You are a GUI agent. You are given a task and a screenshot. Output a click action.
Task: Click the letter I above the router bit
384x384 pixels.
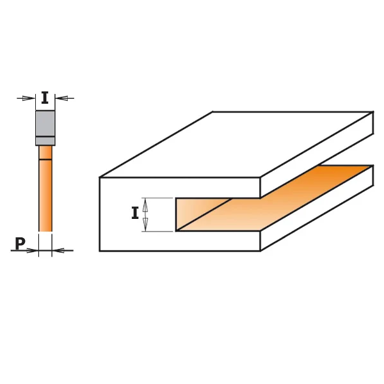pos(45,98)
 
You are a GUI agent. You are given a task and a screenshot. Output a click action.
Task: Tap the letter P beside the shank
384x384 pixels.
pos(20,243)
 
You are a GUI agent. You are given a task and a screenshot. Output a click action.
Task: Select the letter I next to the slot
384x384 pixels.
pos(135,214)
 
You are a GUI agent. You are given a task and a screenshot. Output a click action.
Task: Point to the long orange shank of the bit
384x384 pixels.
pos(45,195)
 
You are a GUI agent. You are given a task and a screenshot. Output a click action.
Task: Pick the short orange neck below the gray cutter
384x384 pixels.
pos(45,152)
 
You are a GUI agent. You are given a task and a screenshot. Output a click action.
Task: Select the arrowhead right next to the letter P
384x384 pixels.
pos(33,250)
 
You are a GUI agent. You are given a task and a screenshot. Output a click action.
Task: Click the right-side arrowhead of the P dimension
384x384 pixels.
pos(58,250)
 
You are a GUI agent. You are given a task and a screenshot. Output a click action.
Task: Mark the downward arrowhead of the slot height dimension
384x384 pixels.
pos(145,225)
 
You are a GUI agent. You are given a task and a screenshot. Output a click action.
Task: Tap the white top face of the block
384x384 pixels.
pos(237,144)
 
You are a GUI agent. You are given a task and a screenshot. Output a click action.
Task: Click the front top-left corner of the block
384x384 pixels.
pos(100,177)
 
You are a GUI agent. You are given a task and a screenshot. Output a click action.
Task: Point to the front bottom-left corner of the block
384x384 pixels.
pos(100,251)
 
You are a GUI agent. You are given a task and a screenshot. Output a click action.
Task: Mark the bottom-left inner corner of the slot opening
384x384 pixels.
pos(176,230)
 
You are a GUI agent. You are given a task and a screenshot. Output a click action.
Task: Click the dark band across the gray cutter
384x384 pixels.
pos(45,138)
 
